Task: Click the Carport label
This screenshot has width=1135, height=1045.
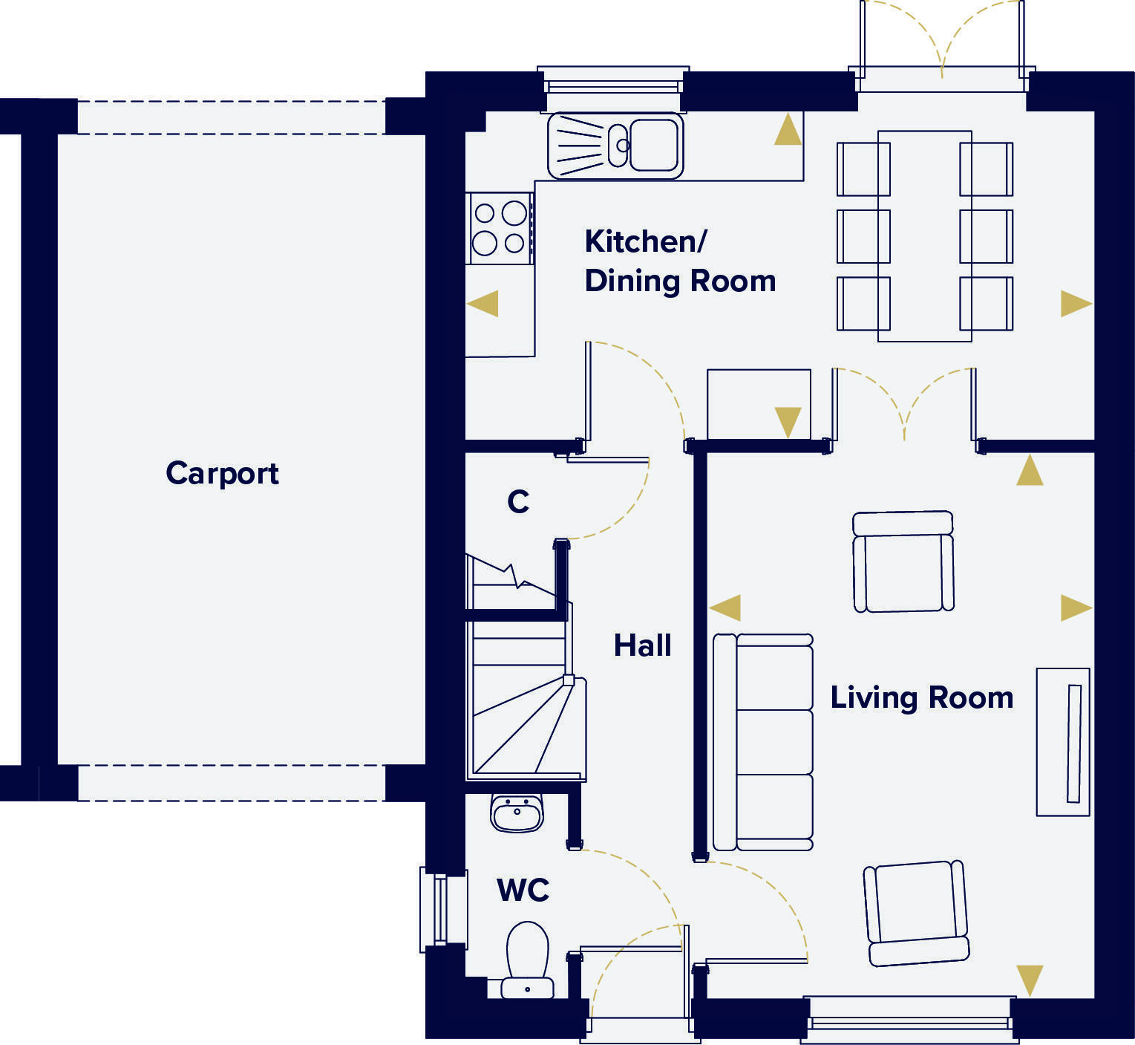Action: pyautogui.click(x=222, y=473)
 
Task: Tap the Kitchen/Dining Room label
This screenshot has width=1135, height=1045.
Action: pyautogui.click(x=679, y=261)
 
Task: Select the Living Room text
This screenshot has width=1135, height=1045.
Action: pyautogui.click(x=921, y=698)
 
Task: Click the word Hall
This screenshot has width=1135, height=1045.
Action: pyautogui.click(x=642, y=645)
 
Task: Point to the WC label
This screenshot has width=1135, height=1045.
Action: pyautogui.click(x=523, y=889)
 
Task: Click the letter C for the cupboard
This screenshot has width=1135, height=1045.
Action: pyautogui.click(x=518, y=502)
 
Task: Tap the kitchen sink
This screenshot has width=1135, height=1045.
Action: pyautogui.click(x=615, y=146)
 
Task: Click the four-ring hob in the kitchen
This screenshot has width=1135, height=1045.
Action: pyautogui.click(x=500, y=228)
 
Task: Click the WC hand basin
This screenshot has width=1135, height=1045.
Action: pyautogui.click(x=517, y=813)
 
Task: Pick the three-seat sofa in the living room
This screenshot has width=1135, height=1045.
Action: pyautogui.click(x=763, y=742)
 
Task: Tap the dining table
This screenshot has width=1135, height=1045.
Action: pyautogui.click(x=924, y=236)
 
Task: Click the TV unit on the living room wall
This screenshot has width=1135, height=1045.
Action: pyautogui.click(x=1063, y=742)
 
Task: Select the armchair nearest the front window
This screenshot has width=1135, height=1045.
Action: pyautogui.click(x=917, y=913)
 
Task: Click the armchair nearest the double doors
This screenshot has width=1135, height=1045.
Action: pyautogui.click(x=903, y=561)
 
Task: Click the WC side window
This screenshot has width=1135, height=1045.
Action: pyautogui.click(x=443, y=908)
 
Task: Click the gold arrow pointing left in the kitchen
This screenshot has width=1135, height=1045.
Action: pyautogui.click(x=483, y=304)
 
